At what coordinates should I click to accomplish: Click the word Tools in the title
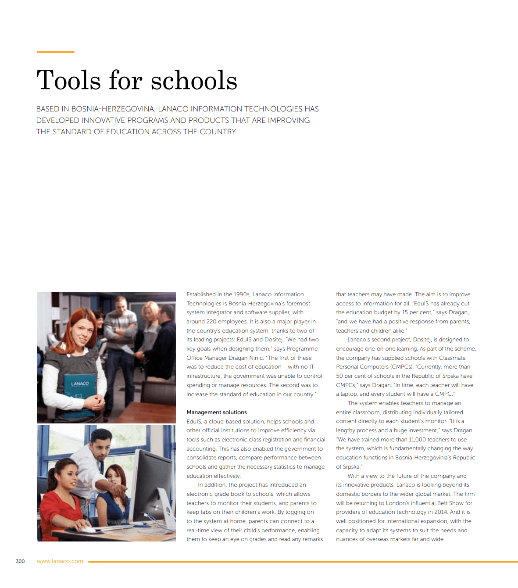tap(68, 80)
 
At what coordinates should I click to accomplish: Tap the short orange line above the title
tap(55, 52)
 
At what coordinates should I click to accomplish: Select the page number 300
tap(20, 561)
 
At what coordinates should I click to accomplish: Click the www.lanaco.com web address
tap(60, 561)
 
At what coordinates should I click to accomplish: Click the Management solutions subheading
tap(217, 412)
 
